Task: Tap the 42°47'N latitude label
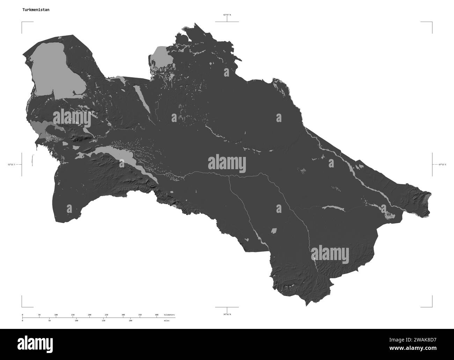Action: point(227,15)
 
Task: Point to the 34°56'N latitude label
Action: point(227,315)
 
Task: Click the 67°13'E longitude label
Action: point(441,164)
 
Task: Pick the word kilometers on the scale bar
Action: point(169,315)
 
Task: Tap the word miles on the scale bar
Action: point(167,321)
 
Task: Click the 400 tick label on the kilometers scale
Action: point(156,315)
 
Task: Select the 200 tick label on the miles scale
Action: point(130,321)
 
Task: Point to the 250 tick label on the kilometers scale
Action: point(107,315)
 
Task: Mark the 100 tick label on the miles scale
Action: point(76,321)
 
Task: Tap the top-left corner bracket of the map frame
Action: point(22,22)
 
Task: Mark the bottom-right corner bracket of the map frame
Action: point(432,306)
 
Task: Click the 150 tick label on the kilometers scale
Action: point(73,315)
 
